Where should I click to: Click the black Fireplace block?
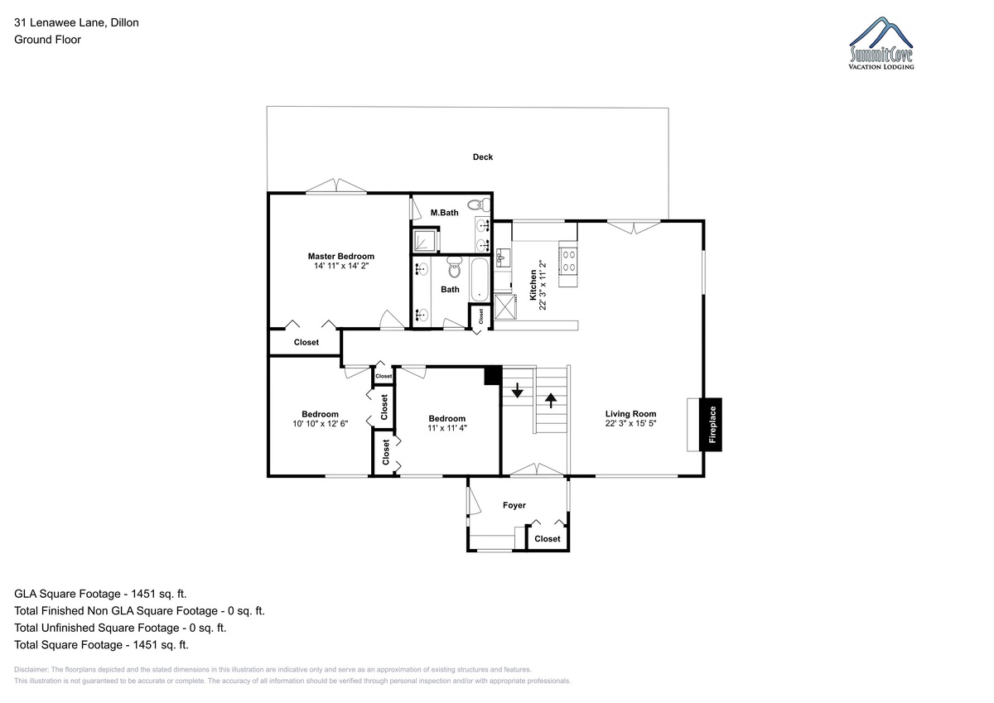tap(711, 425)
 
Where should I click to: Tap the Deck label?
tap(482, 157)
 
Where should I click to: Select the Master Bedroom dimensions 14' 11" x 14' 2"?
tap(341, 266)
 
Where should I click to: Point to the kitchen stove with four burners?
tap(568, 261)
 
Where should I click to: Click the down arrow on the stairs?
tap(517, 390)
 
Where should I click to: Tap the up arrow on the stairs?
tap(551, 401)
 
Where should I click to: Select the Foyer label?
tap(514, 505)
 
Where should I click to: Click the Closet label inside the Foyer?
tap(548, 539)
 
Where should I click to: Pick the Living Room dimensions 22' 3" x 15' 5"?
tap(630, 423)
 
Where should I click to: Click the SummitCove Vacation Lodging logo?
tap(881, 43)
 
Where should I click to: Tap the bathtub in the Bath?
tap(480, 279)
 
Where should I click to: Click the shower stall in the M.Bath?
tap(425, 241)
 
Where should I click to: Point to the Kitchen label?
tap(533, 285)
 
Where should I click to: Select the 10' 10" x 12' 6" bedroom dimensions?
tap(320, 424)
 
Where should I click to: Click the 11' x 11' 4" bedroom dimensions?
tap(446, 428)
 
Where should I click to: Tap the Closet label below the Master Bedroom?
tap(306, 343)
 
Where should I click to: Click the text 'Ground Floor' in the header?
tap(47, 40)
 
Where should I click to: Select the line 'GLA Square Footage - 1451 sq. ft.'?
tap(100, 594)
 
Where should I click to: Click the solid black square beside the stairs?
tap(493, 375)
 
